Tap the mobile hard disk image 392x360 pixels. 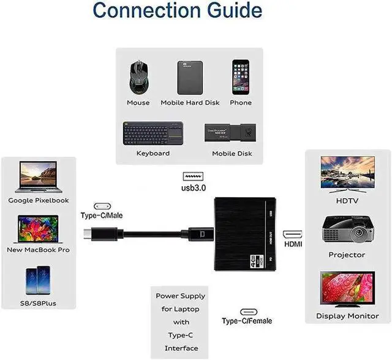[189, 77]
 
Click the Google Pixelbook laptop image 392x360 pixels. [38, 177]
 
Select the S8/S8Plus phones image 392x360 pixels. [38, 280]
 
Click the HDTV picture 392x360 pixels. [347, 174]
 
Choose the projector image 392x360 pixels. [347, 229]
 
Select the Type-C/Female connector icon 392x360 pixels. [247, 311]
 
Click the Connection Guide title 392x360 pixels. [178, 11]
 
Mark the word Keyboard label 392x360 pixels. [153, 153]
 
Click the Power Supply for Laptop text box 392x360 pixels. [181, 321]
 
